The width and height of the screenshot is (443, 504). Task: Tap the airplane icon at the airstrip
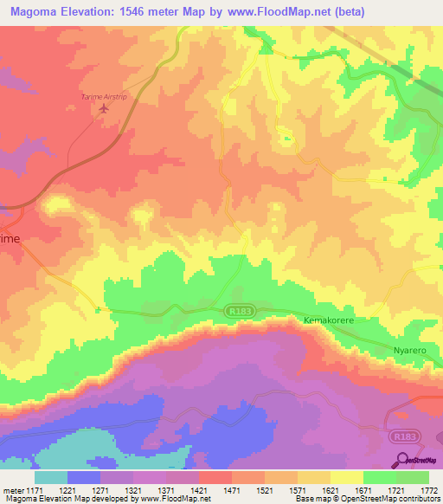pos(105,108)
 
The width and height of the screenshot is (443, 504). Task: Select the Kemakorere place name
pos(330,320)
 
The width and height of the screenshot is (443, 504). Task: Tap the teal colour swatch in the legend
pos(51,477)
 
